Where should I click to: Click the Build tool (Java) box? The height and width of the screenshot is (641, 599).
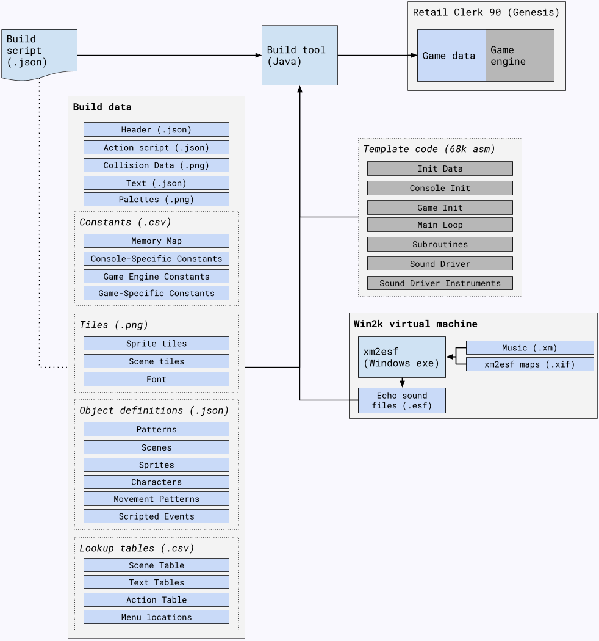pyautogui.click(x=299, y=55)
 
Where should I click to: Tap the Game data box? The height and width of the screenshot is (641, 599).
pyautogui.click(x=451, y=56)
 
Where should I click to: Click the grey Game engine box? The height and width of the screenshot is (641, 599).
pyautogui.click(x=520, y=56)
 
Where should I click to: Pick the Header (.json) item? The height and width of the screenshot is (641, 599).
pyautogui.click(x=156, y=129)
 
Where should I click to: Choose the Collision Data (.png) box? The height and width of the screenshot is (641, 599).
pyautogui.click(x=156, y=165)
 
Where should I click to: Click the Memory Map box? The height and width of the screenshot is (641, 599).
pyautogui.click(x=156, y=241)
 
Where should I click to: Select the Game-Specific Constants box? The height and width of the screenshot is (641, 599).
pyautogui.click(x=156, y=293)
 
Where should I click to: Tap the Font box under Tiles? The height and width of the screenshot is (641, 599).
pyautogui.click(x=156, y=379)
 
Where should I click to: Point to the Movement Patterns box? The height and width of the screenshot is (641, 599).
pyautogui.click(x=156, y=499)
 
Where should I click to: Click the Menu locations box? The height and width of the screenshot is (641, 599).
pyautogui.click(x=156, y=617)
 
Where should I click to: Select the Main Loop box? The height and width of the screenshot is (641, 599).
pyautogui.click(x=440, y=225)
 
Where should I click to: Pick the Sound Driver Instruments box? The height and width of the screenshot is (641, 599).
pyautogui.click(x=440, y=283)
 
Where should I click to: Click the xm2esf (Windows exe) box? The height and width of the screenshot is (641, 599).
pyautogui.click(x=401, y=357)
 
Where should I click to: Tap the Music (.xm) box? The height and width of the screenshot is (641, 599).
pyautogui.click(x=529, y=348)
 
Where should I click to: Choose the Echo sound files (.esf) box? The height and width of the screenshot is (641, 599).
pyautogui.click(x=401, y=400)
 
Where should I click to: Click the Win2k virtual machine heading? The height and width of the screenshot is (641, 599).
pyautogui.click(x=415, y=324)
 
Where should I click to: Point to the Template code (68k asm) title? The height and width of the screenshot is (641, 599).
pyautogui.click(x=429, y=149)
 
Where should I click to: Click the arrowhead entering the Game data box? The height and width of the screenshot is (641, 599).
pyautogui.click(x=414, y=56)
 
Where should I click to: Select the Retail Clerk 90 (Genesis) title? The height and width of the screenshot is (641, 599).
pyautogui.click(x=486, y=12)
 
